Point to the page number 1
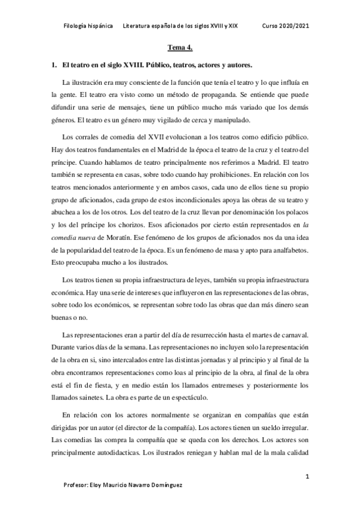[307, 476]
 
